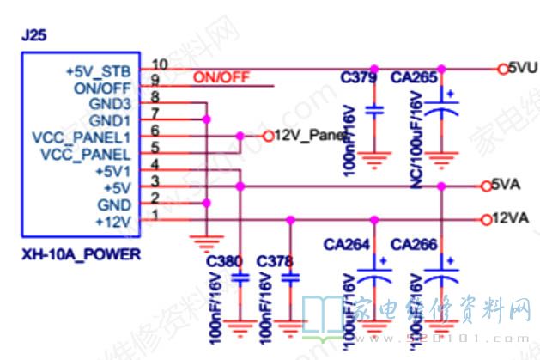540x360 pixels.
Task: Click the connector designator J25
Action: click(33, 38)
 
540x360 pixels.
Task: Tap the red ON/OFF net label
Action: click(221, 77)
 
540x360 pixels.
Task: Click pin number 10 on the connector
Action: click(160, 64)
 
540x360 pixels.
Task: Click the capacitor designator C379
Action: click(358, 77)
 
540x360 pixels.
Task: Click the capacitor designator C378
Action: click(274, 260)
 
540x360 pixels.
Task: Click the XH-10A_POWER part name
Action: click(82, 255)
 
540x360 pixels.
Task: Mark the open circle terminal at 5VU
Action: click(503, 68)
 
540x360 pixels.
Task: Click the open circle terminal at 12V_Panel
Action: click(267, 136)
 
